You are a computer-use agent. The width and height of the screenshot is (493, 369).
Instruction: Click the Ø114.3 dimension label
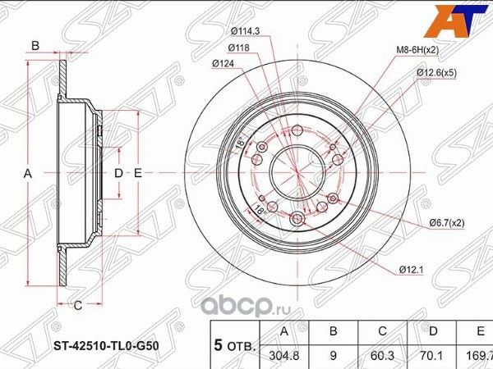click(246, 31)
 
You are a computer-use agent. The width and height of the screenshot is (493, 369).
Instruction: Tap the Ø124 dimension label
click(223, 63)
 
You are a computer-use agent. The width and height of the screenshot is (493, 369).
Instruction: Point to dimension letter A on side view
click(27, 174)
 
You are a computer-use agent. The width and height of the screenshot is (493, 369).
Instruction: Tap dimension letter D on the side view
click(117, 174)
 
